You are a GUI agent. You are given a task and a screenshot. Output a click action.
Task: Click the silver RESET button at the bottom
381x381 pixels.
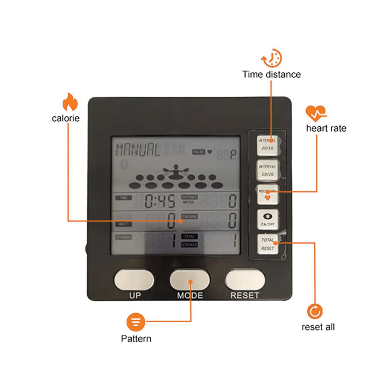[x=245, y=280]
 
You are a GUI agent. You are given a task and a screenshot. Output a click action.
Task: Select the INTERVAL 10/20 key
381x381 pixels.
[x=267, y=170]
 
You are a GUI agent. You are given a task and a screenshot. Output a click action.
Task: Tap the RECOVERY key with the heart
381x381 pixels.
[x=267, y=194]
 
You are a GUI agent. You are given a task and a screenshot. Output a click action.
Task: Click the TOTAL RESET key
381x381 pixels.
[x=267, y=244]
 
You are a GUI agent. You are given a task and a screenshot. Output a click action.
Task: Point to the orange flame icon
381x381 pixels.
[x=70, y=102]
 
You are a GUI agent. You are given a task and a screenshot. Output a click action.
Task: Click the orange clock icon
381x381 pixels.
[x=271, y=58]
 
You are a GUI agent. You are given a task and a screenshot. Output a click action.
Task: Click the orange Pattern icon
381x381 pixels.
[x=136, y=321]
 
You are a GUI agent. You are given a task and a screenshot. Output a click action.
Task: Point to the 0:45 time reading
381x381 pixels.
[x=160, y=202]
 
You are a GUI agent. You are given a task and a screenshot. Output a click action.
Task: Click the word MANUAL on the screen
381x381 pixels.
[x=138, y=149]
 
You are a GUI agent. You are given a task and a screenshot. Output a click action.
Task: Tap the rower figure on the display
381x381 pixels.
[x=174, y=172]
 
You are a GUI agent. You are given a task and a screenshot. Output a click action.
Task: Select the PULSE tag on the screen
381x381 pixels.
[x=199, y=152]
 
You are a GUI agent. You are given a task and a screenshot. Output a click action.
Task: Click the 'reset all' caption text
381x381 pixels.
[x=318, y=327]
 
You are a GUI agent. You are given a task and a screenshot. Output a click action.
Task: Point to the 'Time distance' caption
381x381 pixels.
[x=271, y=74]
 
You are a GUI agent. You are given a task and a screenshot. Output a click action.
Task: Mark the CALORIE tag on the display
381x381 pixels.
[x=189, y=216]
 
